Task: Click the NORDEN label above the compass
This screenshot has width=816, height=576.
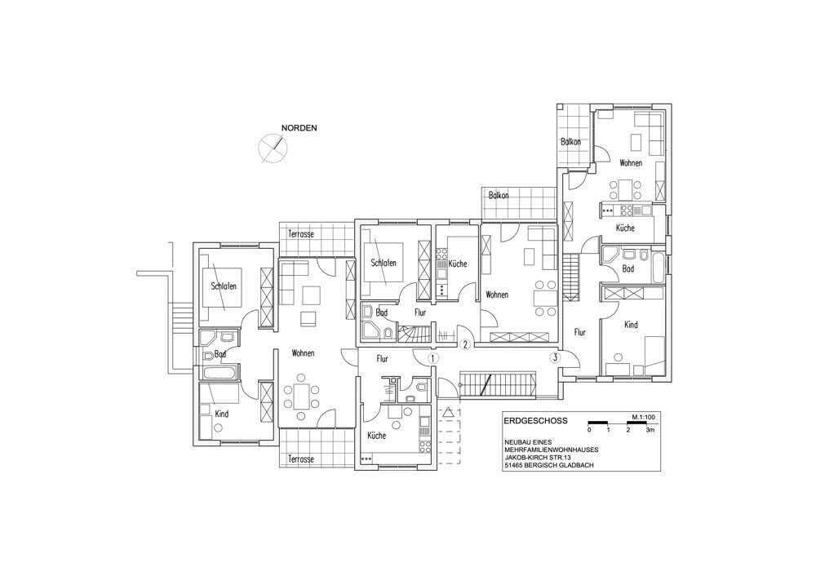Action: pos(299,128)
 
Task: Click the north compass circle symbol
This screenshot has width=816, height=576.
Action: pos(271,148)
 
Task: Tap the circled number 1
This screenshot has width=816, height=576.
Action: pos(433,357)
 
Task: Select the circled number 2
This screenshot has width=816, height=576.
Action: pos(464,344)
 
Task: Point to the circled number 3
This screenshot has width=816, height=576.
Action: pos(556,357)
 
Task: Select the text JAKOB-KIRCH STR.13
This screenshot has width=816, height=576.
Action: pos(546,458)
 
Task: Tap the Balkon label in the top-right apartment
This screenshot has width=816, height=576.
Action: pos(571,142)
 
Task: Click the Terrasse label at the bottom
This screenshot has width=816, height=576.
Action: pos(300,459)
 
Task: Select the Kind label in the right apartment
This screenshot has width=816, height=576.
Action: pos(630,325)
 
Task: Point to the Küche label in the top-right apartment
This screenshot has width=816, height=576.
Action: pos(625,228)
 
